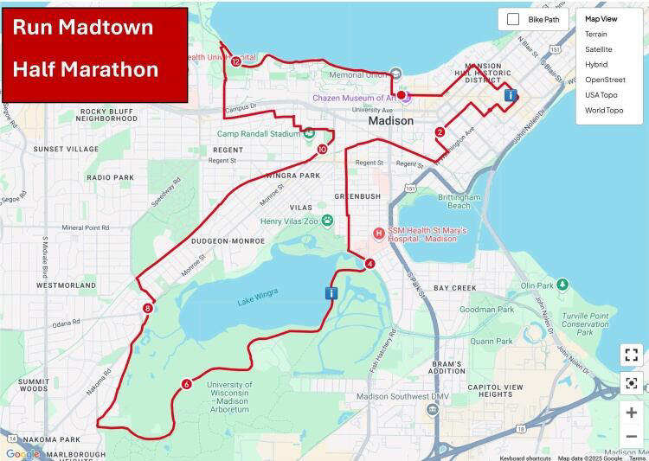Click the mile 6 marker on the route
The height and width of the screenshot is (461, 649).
tap(186, 384)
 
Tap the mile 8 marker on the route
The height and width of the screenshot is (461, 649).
tap(148, 308)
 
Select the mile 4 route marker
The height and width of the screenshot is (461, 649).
tap(369, 264)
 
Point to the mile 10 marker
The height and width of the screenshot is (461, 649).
tap(322, 150)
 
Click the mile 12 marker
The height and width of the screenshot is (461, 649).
tap(236, 61)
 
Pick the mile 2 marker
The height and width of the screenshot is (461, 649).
tap(440, 132)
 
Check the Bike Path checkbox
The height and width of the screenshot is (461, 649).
tap(513, 19)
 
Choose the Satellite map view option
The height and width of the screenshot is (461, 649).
tap(598, 49)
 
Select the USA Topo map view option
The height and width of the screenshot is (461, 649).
tap(601, 94)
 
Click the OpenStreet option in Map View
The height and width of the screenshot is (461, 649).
tap(605, 80)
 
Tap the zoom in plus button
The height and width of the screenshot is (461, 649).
tap(631, 413)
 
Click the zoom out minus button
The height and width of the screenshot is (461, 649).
tap(631, 437)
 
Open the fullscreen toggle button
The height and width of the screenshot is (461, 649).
tap(631, 355)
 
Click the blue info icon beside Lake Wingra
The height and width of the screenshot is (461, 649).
tap(331, 293)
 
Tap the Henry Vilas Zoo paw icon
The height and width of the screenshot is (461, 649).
tap(327, 221)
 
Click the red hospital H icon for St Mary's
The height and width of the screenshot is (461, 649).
tap(378, 234)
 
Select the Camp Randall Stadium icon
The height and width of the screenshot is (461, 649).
tap(309, 133)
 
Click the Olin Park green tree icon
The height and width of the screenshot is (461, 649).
tap(562, 284)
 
